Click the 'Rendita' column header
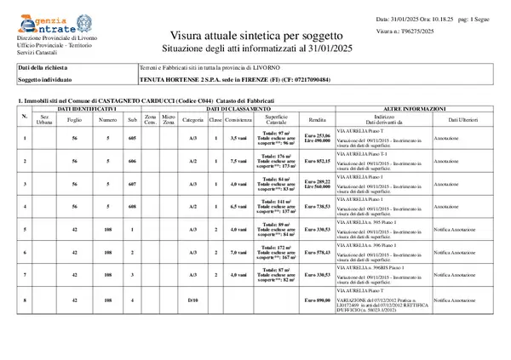(x=317, y=120)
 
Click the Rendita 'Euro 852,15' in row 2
(x=317, y=160)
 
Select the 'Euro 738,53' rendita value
(x=317, y=207)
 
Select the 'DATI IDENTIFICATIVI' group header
(x=87, y=110)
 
